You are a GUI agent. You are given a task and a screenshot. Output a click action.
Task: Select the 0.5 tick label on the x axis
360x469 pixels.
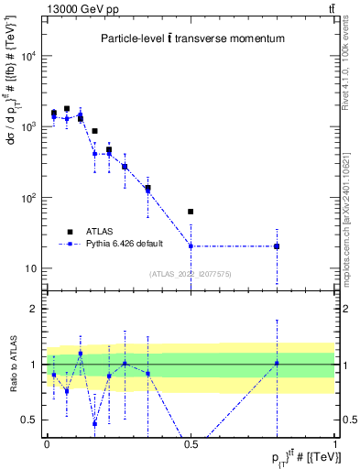191,443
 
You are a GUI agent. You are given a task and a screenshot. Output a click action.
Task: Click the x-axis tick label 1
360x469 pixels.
334,443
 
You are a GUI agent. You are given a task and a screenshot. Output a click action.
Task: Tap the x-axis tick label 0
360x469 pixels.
47,443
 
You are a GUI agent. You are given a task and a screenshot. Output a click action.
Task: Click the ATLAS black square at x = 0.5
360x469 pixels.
191,212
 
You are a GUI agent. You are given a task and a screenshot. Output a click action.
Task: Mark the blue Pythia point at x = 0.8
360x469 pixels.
277,246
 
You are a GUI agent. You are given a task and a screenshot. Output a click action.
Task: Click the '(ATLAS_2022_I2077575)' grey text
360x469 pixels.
191,273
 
